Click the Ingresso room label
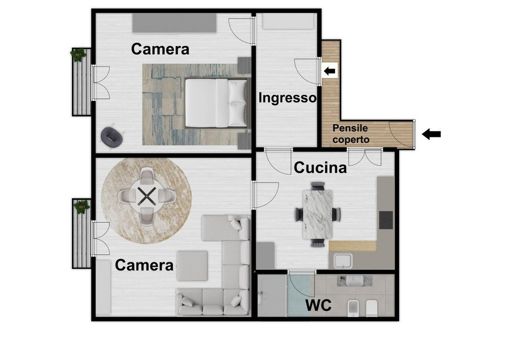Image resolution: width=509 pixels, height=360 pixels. (287, 98)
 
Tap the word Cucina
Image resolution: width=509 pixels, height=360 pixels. (320, 168)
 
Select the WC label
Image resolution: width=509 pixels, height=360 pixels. (319, 305)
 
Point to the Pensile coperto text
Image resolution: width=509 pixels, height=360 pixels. (350, 134)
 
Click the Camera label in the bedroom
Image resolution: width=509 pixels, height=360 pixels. (160, 49)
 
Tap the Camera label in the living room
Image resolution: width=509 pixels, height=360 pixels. (144, 265)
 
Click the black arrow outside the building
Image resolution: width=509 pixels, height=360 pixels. (432, 134)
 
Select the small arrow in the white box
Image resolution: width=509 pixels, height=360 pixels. (330, 71)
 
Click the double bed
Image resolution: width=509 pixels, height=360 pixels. (216, 103)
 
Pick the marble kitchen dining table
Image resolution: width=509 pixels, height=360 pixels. (318, 214)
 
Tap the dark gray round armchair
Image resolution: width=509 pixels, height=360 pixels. (112, 137)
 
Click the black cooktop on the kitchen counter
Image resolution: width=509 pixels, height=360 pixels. (386, 220)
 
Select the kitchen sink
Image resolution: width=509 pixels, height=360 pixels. (344, 261)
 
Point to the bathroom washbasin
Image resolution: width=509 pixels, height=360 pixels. (355, 281)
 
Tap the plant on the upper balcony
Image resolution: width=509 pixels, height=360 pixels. (79, 54)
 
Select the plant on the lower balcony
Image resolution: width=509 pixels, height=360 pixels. (81, 206)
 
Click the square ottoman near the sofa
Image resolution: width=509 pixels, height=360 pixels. (192, 266)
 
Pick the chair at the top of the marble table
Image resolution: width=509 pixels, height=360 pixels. (318, 186)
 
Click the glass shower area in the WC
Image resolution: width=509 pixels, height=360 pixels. (299, 295)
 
